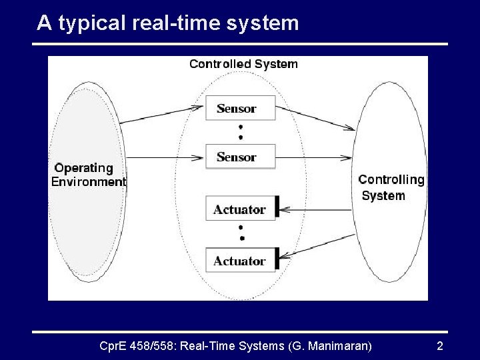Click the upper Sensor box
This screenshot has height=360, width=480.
(x=240, y=109)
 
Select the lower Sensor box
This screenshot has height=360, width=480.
(x=240, y=157)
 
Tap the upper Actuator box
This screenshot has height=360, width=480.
(x=240, y=209)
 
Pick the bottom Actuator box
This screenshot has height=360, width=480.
(x=240, y=261)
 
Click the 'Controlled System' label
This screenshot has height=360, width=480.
(x=243, y=64)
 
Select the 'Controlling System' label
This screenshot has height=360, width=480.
(x=391, y=187)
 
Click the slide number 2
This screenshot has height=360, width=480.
(x=439, y=346)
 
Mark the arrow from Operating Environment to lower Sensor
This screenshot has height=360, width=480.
(x=163, y=158)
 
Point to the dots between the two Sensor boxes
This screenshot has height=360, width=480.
(x=240, y=133)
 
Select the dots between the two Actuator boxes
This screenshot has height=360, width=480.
(x=241, y=234)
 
